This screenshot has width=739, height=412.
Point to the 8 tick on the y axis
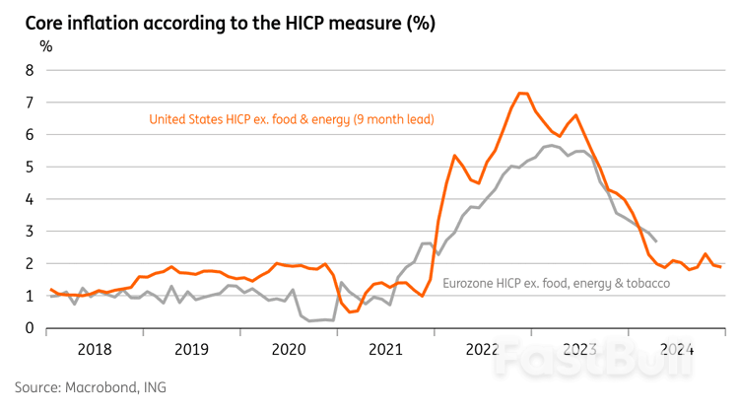(29, 70)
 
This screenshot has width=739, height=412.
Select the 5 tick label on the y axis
(29, 167)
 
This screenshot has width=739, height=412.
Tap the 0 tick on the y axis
(29, 329)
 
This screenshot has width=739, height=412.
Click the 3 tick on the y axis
(29, 232)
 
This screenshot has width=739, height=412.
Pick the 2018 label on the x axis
(95, 348)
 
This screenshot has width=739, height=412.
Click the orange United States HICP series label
(292, 119)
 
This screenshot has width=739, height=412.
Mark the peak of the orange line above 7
(522, 93)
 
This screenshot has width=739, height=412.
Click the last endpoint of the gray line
(657, 241)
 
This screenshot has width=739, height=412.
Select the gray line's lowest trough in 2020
(310, 320)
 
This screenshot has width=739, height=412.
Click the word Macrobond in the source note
(97, 387)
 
